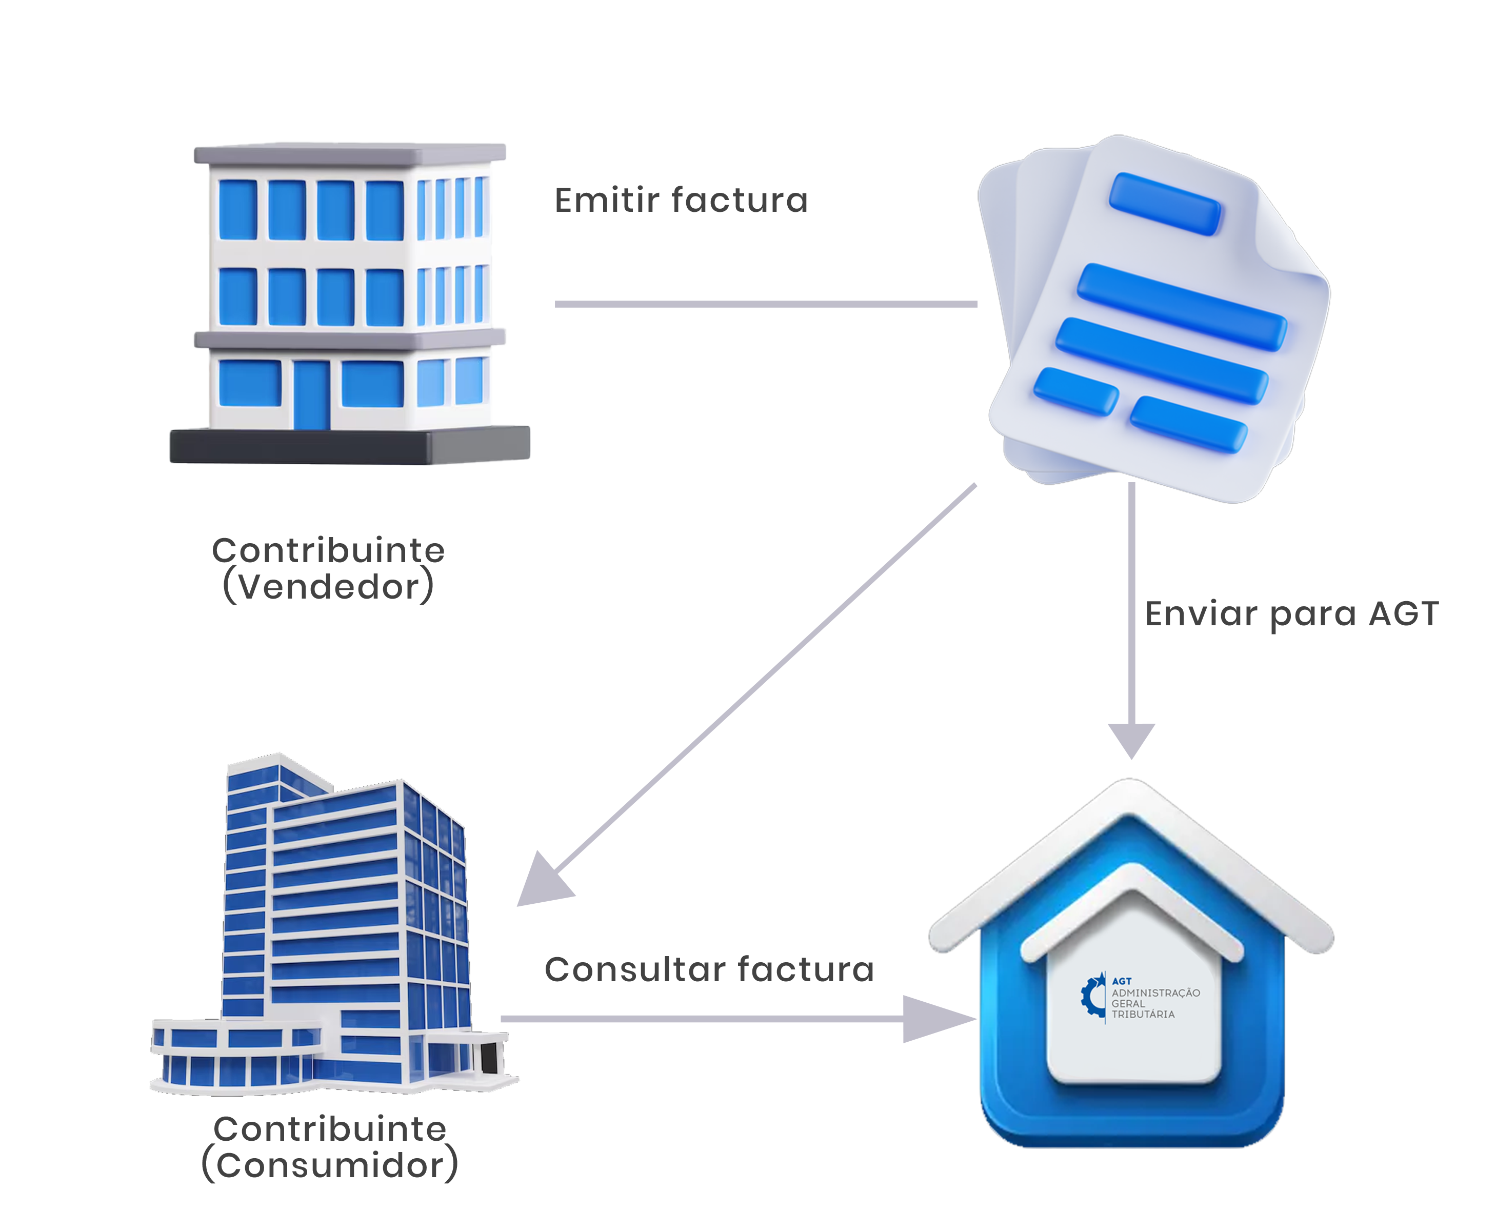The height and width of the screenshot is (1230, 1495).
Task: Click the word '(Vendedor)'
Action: click(x=328, y=587)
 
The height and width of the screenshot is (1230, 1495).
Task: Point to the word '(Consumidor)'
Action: click(x=329, y=1165)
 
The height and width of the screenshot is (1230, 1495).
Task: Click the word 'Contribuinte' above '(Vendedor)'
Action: click(x=328, y=550)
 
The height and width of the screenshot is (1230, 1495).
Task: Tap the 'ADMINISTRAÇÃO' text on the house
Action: click(x=1155, y=993)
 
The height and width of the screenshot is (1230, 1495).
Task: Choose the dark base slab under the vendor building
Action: click(x=349, y=446)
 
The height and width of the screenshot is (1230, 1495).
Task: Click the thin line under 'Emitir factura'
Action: click(x=765, y=304)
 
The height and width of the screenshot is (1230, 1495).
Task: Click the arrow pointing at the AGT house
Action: click(x=953, y=1019)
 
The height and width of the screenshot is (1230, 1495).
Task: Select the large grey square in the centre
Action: click(x=762, y=687)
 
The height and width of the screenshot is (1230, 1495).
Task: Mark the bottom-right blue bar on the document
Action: click(x=1188, y=424)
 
